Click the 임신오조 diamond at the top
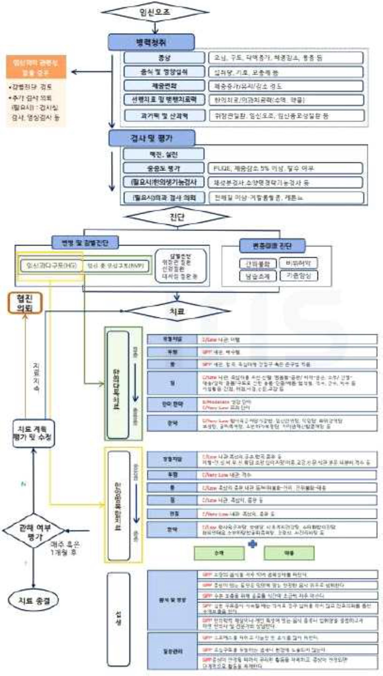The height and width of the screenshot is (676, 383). coord(155,12)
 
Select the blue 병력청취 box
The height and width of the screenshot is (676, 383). coord(151,42)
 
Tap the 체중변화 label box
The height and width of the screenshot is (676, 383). coord(164,86)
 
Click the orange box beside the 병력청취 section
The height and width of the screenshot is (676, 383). coord(36,67)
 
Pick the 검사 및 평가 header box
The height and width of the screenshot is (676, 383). coord(152,138)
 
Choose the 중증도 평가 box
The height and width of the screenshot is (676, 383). coord(163,168)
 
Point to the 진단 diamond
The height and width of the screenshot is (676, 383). coord(177,217)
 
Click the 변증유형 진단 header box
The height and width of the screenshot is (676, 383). coord(272,246)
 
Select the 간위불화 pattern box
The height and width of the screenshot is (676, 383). coord(258,264)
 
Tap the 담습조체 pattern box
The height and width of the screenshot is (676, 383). coord(258,276)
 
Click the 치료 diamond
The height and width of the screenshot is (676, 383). coord(177,311)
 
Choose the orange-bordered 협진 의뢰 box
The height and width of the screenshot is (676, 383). coord(25,303)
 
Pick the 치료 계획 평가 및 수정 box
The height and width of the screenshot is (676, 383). coord(33,433)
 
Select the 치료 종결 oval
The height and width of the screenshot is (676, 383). coord(34,600)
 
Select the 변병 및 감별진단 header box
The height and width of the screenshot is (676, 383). coord(85,243)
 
